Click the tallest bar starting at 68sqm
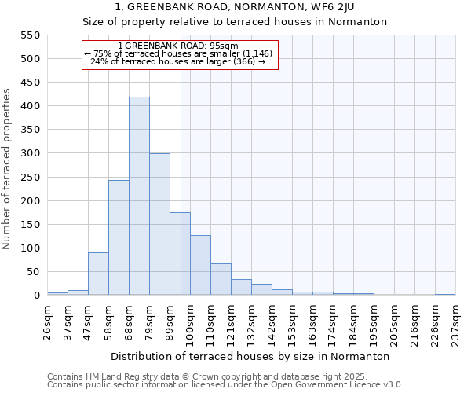click(x=139, y=196)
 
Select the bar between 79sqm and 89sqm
click(x=159, y=224)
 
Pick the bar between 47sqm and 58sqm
click(x=98, y=274)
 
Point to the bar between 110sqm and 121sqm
click(x=221, y=279)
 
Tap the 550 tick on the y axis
click(x=30, y=35)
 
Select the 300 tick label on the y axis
click(x=30, y=154)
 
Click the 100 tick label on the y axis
click(x=30, y=248)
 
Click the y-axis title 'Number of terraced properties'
click(x=7, y=168)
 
